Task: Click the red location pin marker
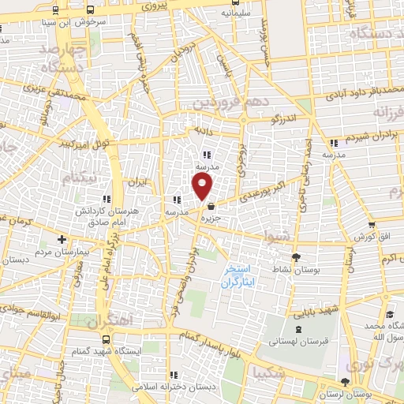[x=204, y=186]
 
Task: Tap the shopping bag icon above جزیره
[x=210, y=207]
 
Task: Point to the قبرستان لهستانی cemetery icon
[x=297, y=331]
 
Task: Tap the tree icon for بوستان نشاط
[x=296, y=257]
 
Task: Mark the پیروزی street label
[x=155, y=6]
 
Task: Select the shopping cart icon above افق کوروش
[x=361, y=225]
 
